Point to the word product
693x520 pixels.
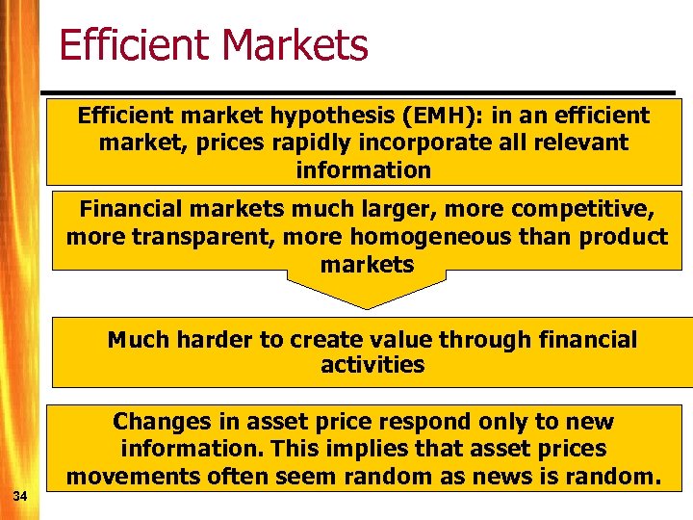point(624,237)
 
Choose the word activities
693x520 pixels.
point(372,365)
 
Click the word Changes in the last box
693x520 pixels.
point(156,422)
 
